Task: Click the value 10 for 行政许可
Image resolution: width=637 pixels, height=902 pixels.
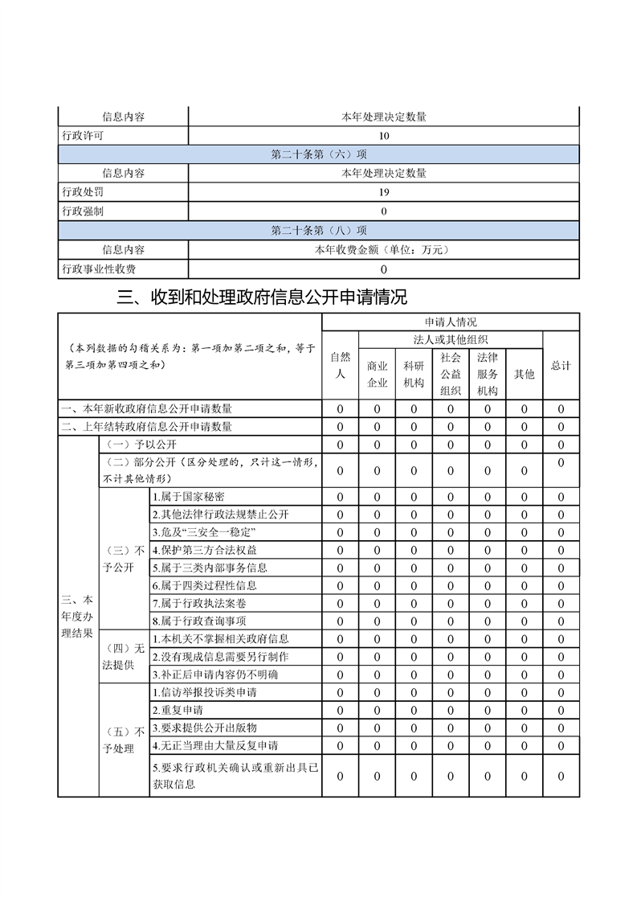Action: (x=384, y=136)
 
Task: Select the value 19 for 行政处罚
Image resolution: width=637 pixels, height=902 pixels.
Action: (x=384, y=192)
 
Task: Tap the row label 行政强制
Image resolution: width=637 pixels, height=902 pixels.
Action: (x=83, y=211)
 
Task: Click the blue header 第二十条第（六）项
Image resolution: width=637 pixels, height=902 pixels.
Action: (x=319, y=154)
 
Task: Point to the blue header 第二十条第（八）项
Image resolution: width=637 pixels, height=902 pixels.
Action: (x=319, y=231)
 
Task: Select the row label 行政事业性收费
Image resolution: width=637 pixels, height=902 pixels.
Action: (x=99, y=269)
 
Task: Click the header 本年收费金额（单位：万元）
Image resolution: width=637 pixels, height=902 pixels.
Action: (x=383, y=250)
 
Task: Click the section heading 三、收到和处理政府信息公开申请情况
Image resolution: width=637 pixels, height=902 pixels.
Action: (x=262, y=298)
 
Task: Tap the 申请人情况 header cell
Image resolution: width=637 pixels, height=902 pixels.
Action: (x=450, y=322)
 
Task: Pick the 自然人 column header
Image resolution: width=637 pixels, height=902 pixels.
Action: (x=340, y=365)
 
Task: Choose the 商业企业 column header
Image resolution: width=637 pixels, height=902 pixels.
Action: (x=377, y=374)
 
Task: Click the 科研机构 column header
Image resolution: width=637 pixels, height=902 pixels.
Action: (x=414, y=374)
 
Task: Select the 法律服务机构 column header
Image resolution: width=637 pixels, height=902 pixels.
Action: (x=487, y=374)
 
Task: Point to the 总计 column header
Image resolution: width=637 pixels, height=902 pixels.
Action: (x=561, y=365)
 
